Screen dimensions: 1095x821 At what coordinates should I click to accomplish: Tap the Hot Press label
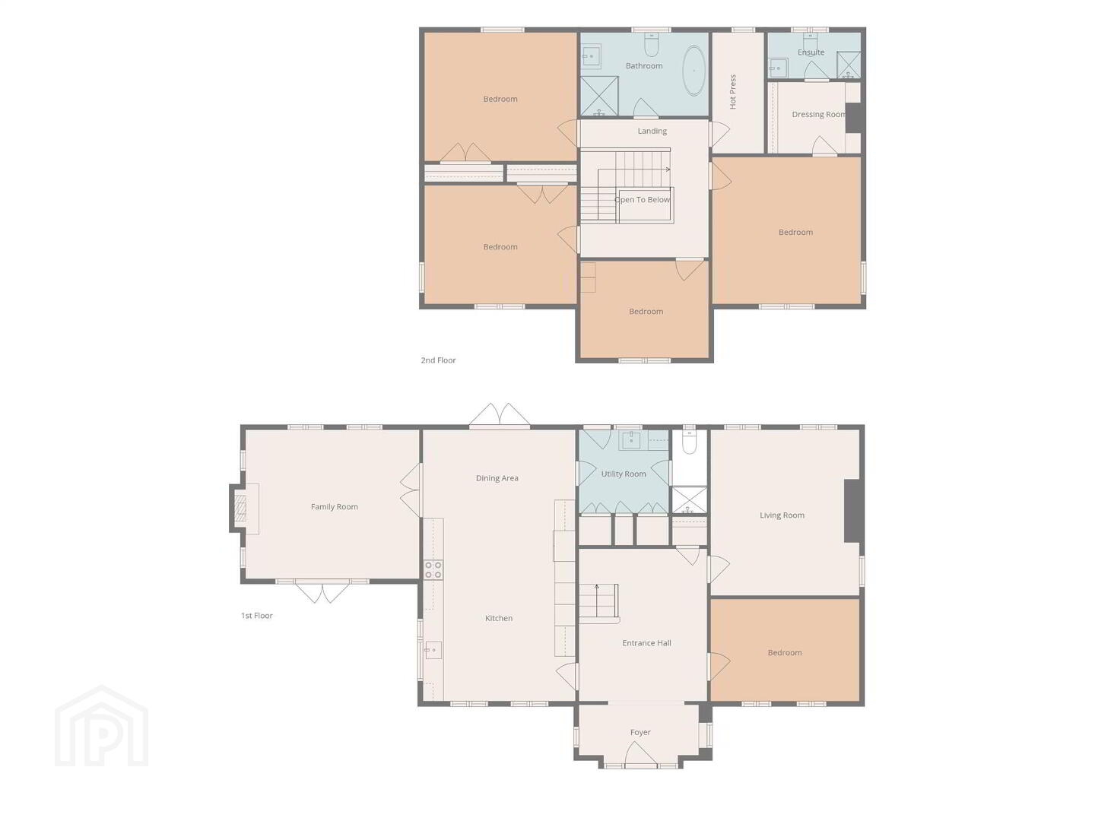(x=733, y=92)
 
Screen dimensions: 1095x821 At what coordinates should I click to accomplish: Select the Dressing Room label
(x=819, y=114)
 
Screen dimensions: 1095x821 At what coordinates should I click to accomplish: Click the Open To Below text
(x=642, y=199)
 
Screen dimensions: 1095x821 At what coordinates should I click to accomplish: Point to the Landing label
(x=652, y=131)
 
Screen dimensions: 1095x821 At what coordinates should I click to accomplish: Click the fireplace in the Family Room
(x=241, y=509)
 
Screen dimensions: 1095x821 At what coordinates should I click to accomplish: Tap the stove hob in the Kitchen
(x=433, y=569)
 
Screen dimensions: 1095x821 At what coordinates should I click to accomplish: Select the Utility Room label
(x=623, y=474)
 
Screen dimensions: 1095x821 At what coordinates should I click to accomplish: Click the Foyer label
(x=640, y=732)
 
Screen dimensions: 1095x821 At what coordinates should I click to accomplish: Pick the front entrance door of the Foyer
(x=640, y=753)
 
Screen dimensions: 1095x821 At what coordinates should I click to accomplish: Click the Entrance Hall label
(x=646, y=642)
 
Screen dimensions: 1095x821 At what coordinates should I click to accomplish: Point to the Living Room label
(x=782, y=515)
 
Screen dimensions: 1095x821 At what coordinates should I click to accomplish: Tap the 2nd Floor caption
(x=438, y=360)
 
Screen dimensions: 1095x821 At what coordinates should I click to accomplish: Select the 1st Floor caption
(x=256, y=615)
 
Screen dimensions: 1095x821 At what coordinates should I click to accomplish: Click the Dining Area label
(x=497, y=477)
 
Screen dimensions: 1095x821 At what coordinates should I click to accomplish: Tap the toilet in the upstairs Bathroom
(x=651, y=44)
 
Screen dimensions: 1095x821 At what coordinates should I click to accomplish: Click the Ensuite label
(x=811, y=52)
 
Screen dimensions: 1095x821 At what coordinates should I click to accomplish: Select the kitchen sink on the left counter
(x=433, y=649)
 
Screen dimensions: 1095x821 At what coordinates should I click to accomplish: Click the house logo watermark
(x=101, y=725)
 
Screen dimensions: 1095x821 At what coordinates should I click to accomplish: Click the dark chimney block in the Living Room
(x=852, y=510)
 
